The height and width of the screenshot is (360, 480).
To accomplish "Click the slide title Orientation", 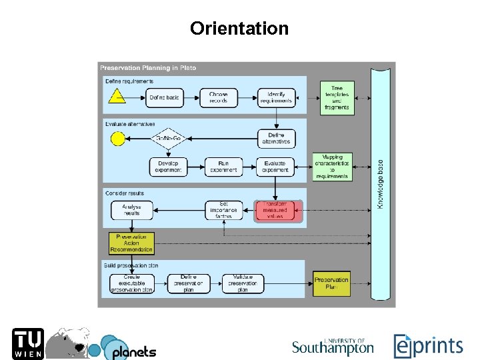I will click(x=239, y=29).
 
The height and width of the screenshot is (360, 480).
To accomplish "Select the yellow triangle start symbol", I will click(x=117, y=97).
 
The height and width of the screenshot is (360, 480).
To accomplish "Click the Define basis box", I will click(x=164, y=97).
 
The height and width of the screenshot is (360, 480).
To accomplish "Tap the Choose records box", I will click(x=218, y=97).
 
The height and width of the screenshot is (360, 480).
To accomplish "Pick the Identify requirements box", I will click(x=275, y=97).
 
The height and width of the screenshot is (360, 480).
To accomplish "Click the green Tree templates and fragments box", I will click(x=336, y=97).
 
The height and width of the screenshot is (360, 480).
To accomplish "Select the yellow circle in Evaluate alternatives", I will click(x=117, y=139).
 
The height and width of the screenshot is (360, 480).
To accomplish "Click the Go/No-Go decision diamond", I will click(x=168, y=139).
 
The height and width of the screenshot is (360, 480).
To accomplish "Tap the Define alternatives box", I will click(x=276, y=139).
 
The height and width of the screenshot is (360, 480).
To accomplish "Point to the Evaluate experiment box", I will click(x=275, y=167).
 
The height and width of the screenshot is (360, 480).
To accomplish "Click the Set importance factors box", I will click(x=223, y=211).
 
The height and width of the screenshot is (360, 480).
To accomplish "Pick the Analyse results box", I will click(x=131, y=211).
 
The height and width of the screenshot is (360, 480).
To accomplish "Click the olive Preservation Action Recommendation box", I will click(x=131, y=243).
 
